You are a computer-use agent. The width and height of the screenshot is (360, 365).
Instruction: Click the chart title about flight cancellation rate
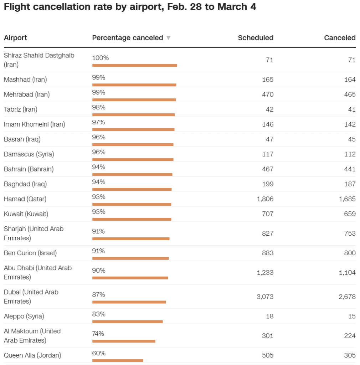point(130,7)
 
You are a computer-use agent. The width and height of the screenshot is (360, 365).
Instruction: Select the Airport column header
point(15,38)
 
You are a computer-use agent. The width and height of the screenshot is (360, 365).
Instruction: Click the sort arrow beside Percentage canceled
point(169,38)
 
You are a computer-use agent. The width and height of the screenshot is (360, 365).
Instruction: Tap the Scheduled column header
point(256,38)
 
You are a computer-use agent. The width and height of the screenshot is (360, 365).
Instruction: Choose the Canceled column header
point(340,38)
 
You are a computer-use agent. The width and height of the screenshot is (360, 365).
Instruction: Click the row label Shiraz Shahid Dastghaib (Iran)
point(39,60)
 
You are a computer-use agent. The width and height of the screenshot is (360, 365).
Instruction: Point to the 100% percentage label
point(101,58)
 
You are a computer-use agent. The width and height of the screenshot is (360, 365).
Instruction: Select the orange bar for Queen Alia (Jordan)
point(118,360)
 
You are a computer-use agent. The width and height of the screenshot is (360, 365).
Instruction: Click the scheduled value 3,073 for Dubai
point(265,297)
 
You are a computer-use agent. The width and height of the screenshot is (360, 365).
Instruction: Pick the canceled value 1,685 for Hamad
point(347,199)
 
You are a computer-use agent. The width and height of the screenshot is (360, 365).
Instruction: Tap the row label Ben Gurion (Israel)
point(30,253)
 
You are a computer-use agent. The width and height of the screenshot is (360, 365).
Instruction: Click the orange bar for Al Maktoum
point(124,341)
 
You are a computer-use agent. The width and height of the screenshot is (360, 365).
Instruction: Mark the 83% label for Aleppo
point(99,314)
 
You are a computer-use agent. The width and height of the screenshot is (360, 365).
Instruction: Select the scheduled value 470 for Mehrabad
point(268,94)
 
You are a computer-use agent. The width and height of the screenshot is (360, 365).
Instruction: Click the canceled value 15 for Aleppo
point(352,316)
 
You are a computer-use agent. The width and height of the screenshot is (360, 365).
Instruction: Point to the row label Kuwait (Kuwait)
point(26,214)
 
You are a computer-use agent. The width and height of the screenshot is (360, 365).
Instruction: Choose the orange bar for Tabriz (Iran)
point(133,115)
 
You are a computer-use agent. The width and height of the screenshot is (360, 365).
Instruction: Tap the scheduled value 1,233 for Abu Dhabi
point(265,272)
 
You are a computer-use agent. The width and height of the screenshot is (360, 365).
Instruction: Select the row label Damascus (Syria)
point(29,154)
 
